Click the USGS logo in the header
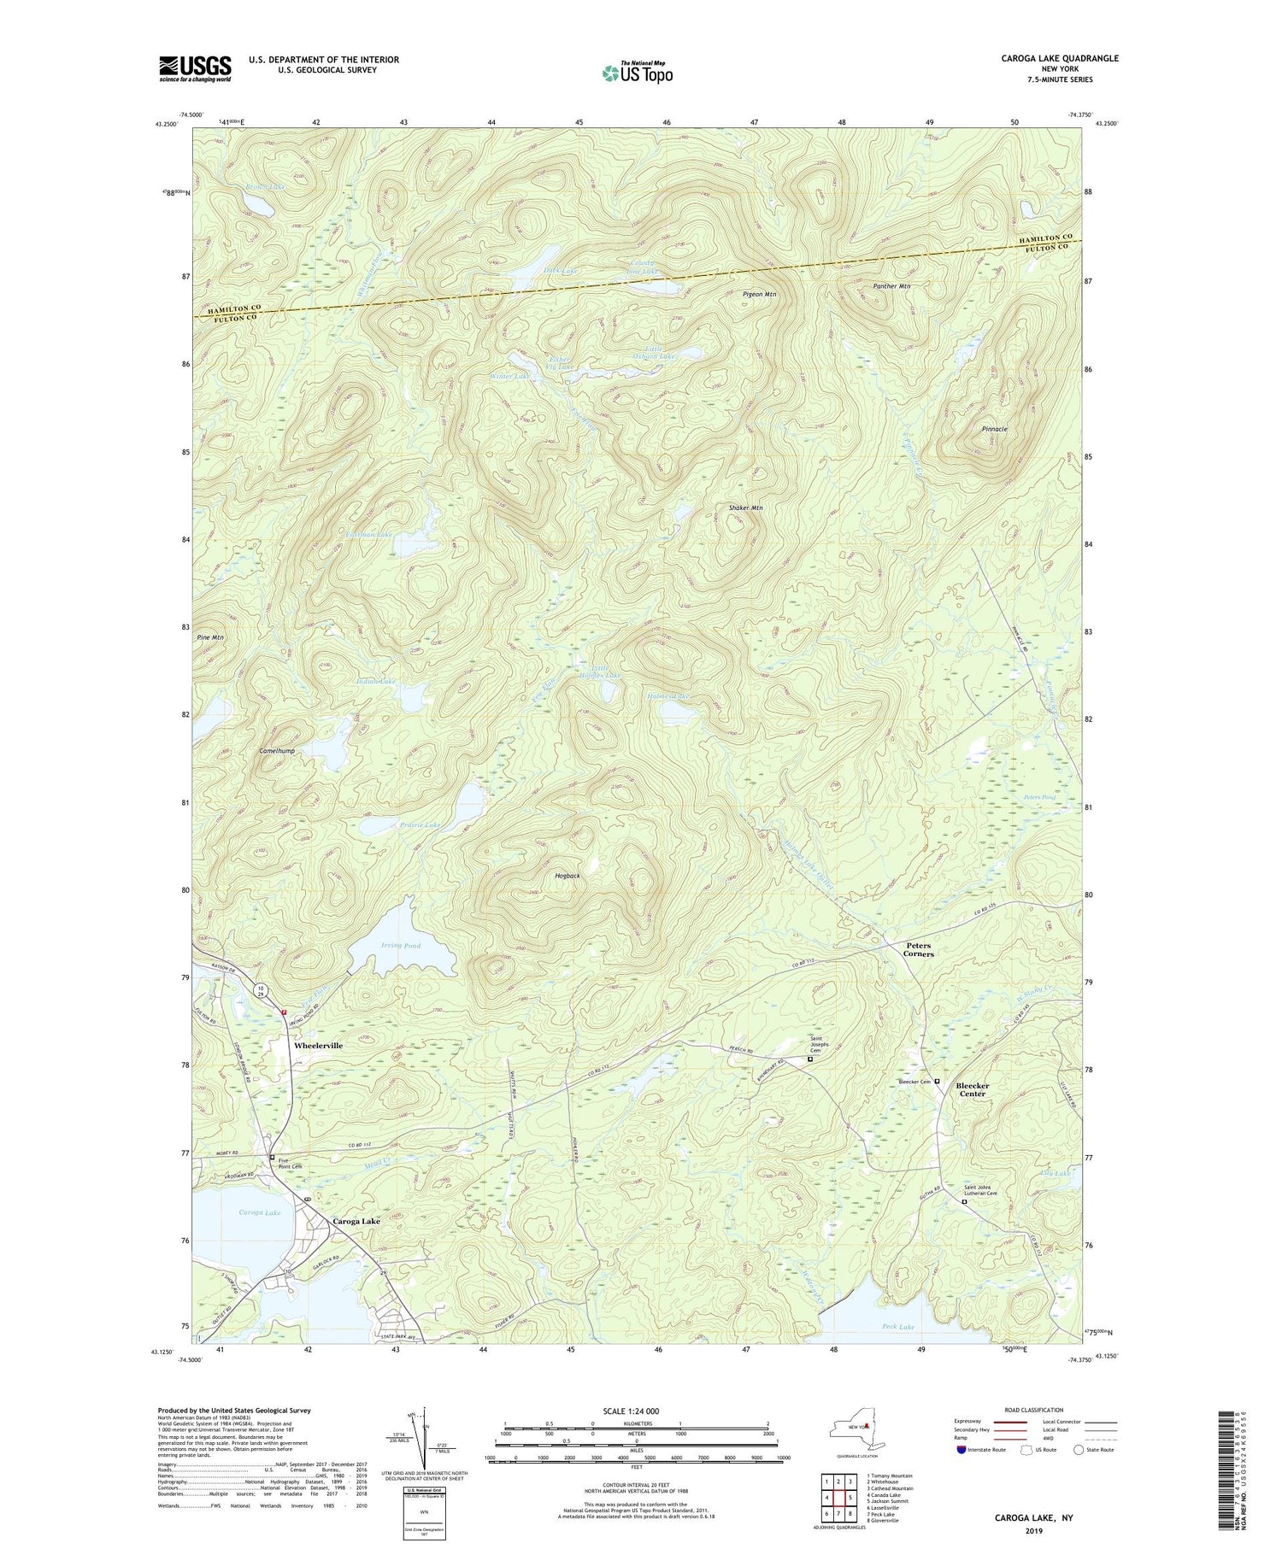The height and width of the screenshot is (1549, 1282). tap(195, 68)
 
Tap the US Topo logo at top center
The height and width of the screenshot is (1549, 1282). tap(637, 73)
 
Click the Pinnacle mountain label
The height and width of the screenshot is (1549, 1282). tap(995, 429)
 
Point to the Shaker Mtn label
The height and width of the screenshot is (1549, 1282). tap(745, 508)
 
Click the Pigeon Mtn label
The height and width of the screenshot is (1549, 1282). tap(759, 295)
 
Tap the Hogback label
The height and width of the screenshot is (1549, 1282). tap(567, 876)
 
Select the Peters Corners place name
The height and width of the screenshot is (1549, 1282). tap(919, 949)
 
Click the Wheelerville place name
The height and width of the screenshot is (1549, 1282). tap(318, 1045)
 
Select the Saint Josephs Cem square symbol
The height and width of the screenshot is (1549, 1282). tap(810, 1059)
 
